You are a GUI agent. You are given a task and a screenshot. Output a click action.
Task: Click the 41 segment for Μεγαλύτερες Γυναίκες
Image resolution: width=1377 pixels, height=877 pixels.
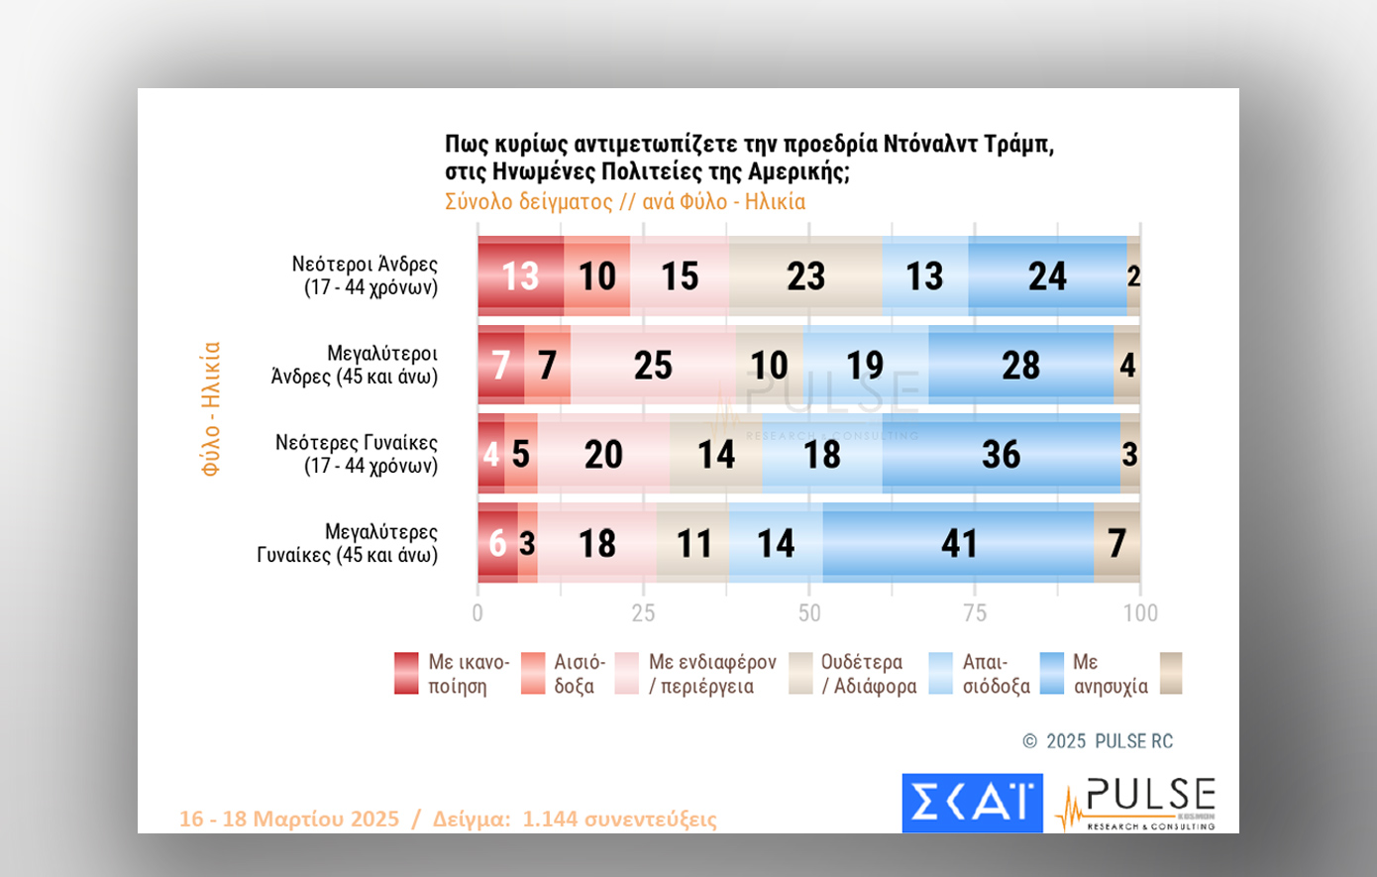pyautogui.click(x=958, y=543)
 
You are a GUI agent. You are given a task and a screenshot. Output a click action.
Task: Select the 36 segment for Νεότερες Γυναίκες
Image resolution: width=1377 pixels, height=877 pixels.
pyautogui.click(x=1001, y=454)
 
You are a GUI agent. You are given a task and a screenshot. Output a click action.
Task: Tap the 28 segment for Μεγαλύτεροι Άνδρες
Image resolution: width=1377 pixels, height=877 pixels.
pyautogui.click(x=1020, y=365)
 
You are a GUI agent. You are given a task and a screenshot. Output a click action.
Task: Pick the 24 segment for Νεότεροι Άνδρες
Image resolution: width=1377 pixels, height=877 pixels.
pyautogui.click(x=1047, y=275)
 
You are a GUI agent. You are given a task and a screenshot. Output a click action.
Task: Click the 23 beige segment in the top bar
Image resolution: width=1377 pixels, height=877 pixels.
pyautogui.click(x=805, y=275)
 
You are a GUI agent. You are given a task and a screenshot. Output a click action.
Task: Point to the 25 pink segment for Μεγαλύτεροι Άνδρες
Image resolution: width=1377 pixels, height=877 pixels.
pyautogui.click(x=653, y=365)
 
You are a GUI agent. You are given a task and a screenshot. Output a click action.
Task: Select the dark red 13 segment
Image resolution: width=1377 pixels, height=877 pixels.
pyautogui.click(x=520, y=275)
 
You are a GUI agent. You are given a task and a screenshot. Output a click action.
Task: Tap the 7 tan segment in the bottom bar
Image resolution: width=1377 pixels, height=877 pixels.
pyautogui.click(x=1116, y=543)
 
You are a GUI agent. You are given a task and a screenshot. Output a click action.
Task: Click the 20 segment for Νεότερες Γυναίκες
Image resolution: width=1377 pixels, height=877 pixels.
pyautogui.click(x=603, y=454)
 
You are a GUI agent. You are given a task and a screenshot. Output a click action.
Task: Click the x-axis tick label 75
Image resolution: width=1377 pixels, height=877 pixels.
pyautogui.click(x=975, y=613)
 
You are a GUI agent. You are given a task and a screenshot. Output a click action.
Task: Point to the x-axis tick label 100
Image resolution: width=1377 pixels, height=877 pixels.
pyautogui.click(x=1140, y=613)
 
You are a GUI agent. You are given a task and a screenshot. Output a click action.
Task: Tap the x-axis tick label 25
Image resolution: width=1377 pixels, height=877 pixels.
pyautogui.click(x=643, y=613)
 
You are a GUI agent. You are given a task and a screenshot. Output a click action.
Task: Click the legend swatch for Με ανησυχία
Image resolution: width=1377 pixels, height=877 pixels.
pyautogui.click(x=1052, y=674)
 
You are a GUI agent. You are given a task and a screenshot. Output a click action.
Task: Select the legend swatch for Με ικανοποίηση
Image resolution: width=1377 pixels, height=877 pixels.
pyautogui.click(x=406, y=674)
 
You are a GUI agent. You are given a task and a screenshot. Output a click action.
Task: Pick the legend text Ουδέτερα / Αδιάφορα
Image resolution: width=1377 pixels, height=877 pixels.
pyautogui.click(x=869, y=674)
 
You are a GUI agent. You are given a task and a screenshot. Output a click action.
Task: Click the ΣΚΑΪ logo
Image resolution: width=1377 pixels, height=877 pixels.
pyautogui.click(x=972, y=803)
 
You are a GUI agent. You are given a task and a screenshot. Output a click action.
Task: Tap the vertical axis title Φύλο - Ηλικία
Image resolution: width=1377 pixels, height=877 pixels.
pyautogui.click(x=210, y=409)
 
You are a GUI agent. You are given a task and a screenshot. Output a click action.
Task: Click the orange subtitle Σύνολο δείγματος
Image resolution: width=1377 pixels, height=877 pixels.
pyautogui.click(x=528, y=202)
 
